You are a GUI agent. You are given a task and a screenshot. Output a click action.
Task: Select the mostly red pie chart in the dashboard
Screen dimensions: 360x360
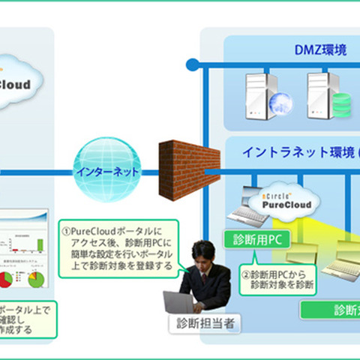click(x=6, y=278)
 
